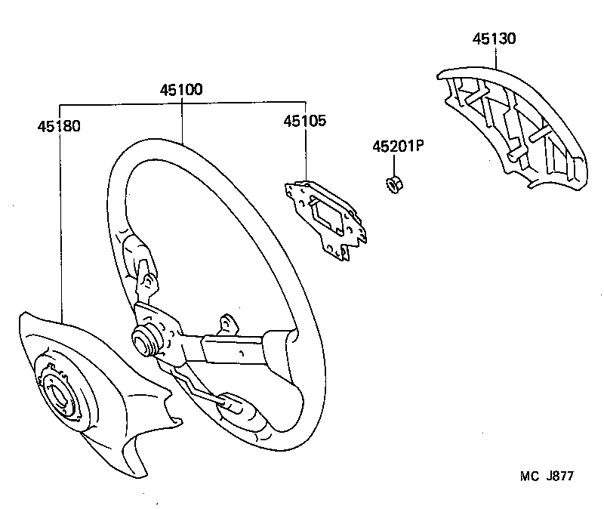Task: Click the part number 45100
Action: (181, 89)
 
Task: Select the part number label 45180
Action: (59, 125)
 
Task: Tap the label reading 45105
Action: (305, 121)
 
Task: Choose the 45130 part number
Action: (495, 39)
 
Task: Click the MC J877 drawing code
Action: (547, 476)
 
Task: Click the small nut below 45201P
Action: (393, 184)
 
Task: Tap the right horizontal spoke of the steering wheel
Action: (234, 349)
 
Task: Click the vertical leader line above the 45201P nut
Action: (393, 165)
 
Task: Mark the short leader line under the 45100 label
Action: (181, 121)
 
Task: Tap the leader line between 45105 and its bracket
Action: (305, 155)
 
